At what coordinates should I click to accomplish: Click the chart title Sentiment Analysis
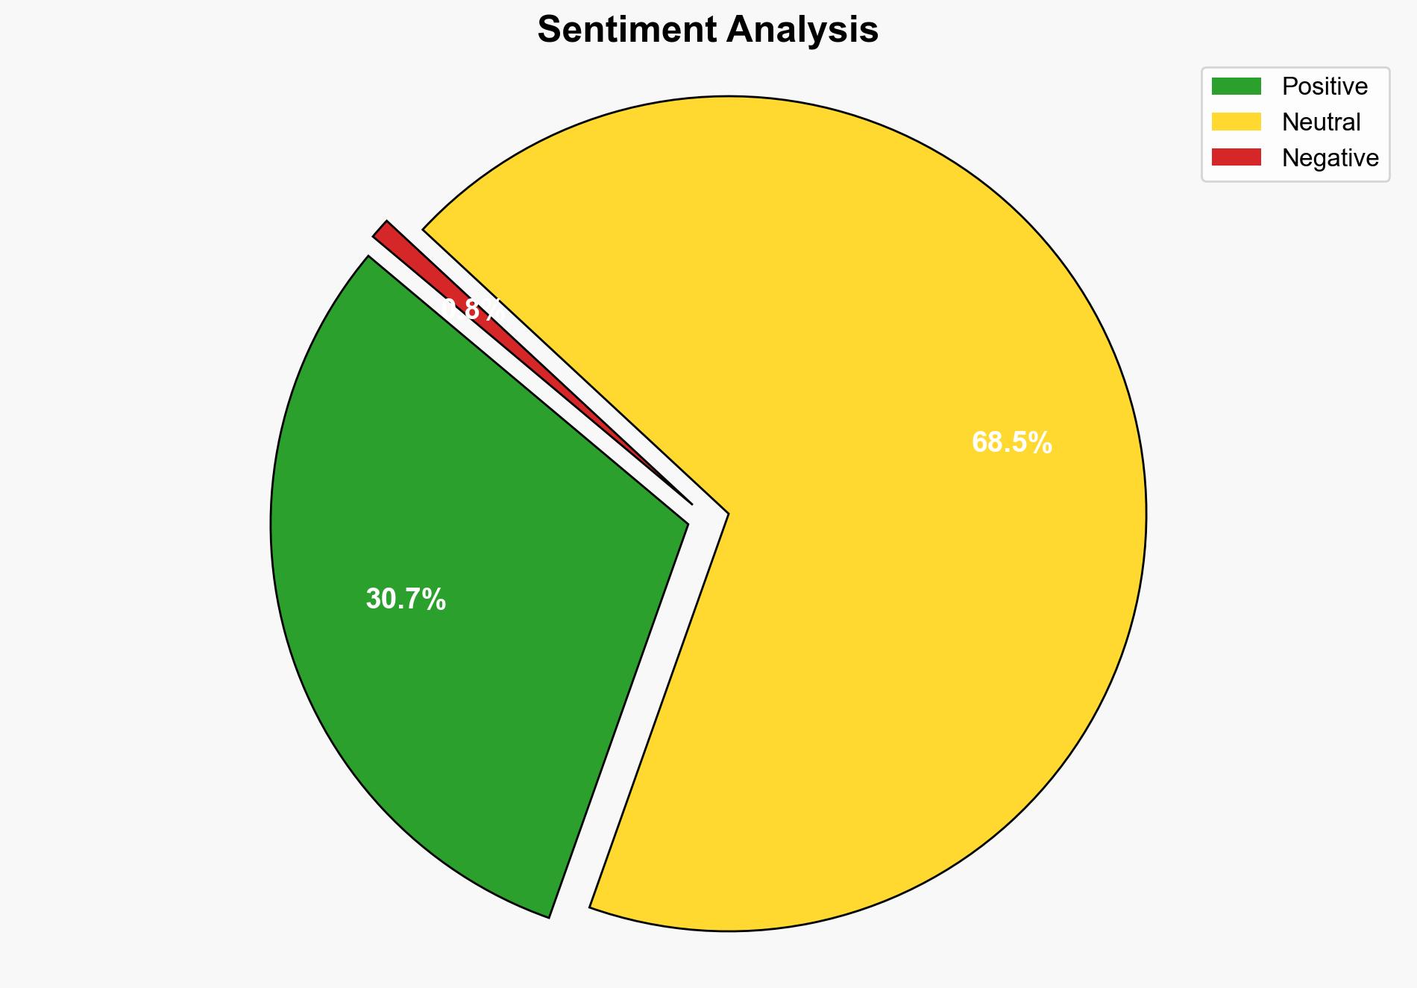coord(708,31)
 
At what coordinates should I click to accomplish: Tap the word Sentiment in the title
coord(626,31)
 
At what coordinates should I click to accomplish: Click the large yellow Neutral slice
coord(858,597)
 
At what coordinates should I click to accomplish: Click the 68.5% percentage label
coord(1011,443)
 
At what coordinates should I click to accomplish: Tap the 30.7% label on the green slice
coord(406,600)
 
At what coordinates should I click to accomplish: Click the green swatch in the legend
coord(1236,86)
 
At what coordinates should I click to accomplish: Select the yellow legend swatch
coord(1236,122)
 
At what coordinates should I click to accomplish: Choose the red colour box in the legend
coord(1236,157)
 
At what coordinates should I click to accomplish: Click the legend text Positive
coord(1325,86)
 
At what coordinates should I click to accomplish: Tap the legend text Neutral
coord(1321,122)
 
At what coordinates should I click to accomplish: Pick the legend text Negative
coord(1330,157)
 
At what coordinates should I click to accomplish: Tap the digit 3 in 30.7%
coord(372,600)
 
